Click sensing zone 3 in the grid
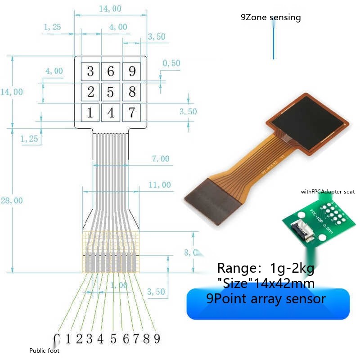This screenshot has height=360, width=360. tap(90, 71)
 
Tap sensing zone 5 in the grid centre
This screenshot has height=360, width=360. tap(110, 92)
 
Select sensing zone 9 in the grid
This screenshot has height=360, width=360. tap(131, 71)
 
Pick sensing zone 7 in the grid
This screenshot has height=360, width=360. tap(131, 112)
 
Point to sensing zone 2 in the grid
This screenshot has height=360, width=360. tap(90, 92)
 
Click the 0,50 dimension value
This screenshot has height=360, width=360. tap(171, 63)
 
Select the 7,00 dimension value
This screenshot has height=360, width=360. tap(161, 158)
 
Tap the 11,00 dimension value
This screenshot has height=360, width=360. tap(160, 184)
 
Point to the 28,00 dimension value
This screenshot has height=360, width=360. tap(11, 201)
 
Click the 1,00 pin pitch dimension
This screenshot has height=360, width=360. tap(119, 285)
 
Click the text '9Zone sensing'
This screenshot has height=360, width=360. tap(270, 18)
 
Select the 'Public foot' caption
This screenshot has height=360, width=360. tap(44, 351)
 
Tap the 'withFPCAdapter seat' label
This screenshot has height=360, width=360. tap(328, 192)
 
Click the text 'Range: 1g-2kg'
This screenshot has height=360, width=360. tap(265, 268)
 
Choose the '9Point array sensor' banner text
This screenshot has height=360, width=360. tap(266, 298)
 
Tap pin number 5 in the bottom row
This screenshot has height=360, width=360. tap(113, 338)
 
